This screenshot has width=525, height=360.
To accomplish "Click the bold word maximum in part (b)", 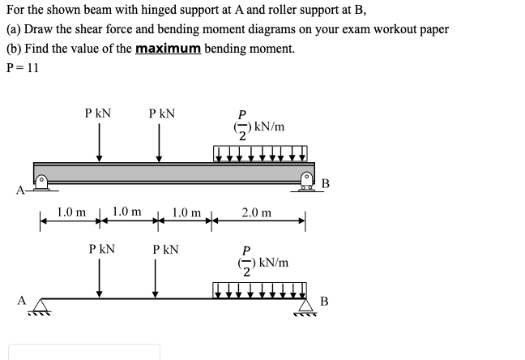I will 168,49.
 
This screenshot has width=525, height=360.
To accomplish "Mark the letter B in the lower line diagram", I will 323,302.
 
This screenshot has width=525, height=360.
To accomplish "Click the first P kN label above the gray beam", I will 99,114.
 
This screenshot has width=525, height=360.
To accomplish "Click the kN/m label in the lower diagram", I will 269,263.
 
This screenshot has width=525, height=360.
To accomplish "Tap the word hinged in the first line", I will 146,11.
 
